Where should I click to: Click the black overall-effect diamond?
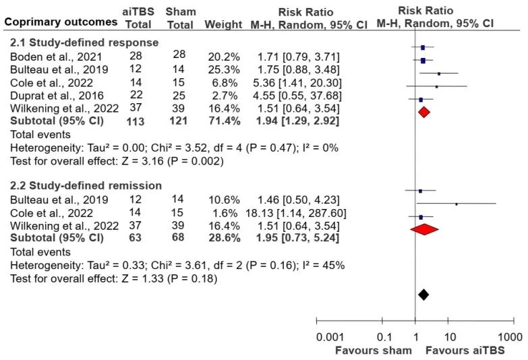pos(423,295)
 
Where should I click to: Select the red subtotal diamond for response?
pos(423,112)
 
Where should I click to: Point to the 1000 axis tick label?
pos(511,336)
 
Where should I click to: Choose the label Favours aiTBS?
pos(463,351)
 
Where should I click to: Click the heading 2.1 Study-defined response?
pos(84,42)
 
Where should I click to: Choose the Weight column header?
pos(223,24)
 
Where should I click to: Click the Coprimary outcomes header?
pos(60,22)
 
